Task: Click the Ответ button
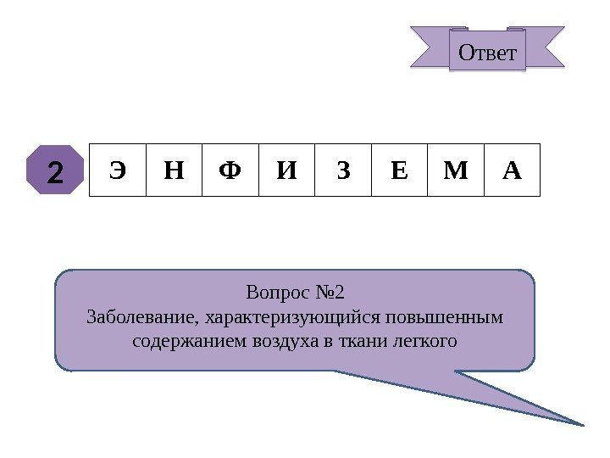[x=486, y=52]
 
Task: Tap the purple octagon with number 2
[x=55, y=170]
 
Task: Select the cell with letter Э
[x=118, y=170]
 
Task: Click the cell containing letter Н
[x=174, y=170]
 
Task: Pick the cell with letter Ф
[x=230, y=170]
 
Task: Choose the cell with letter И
[x=286, y=170]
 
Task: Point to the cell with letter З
[x=342, y=170]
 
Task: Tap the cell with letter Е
[x=399, y=170]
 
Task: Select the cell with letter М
[x=455, y=170]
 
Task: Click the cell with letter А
[x=511, y=170]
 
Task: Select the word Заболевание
[x=140, y=318]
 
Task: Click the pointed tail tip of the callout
[x=584, y=423]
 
